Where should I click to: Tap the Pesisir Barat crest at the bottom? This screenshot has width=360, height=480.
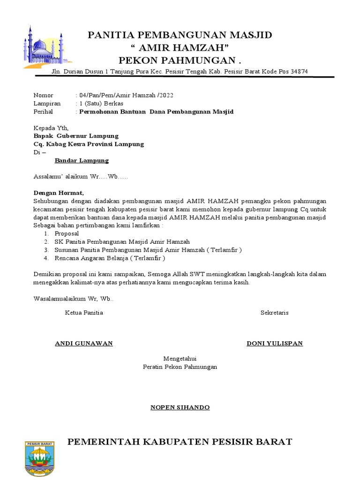(39, 459)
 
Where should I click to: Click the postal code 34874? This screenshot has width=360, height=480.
(299, 71)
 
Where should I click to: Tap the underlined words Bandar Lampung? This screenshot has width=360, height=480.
(82, 160)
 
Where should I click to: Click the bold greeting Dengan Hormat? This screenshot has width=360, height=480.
(59, 193)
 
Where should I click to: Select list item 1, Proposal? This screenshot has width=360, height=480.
(67, 233)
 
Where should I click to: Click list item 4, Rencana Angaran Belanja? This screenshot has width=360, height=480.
(110, 258)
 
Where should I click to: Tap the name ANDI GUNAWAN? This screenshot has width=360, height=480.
(84, 343)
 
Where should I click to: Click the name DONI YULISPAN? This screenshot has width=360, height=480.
(275, 343)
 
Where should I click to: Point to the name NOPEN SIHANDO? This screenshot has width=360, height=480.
(180, 407)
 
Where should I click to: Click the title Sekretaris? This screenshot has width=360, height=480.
(274, 313)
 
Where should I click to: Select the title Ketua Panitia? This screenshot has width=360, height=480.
(84, 313)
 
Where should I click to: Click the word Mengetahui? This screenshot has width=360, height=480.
(180, 359)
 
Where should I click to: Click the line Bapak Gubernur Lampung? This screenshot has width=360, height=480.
(76, 136)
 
